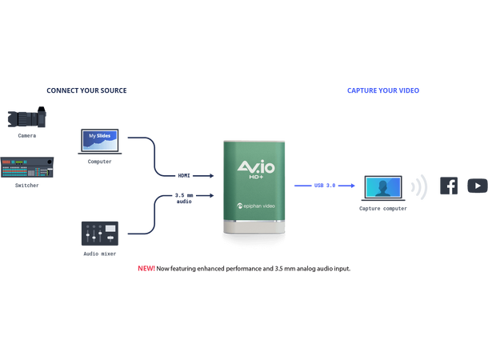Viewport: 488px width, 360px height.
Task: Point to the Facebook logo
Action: tap(450, 186)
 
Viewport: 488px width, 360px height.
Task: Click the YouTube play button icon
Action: tap(477, 186)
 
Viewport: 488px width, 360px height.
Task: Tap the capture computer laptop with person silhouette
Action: tap(383, 188)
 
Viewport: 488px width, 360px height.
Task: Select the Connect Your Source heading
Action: tap(86, 91)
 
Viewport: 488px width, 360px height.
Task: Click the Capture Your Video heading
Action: tap(383, 91)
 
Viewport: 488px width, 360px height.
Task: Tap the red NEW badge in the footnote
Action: tap(146, 268)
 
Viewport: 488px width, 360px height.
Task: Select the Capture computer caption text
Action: tap(383, 209)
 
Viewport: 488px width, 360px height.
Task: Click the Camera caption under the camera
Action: tap(26, 137)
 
